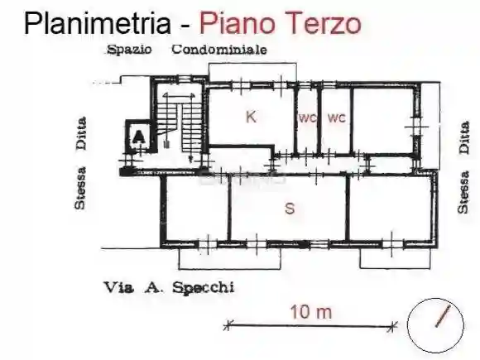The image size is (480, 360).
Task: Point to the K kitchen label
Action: pyautogui.click(x=251, y=118)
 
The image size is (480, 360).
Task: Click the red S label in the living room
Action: pyautogui.click(x=289, y=209)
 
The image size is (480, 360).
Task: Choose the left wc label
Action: pyautogui.click(x=307, y=118)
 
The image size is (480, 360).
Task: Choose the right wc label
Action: pyautogui.click(x=335, y=118)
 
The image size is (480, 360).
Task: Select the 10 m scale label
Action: pyautogui.click(x=310, y=312)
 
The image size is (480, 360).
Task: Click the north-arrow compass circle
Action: pyautogui.click(x=434, y=324)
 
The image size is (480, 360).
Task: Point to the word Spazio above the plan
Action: pyautogui.click(x=129, y=50)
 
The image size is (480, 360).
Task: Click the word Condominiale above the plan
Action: pyautogui.click(x=219, y=50)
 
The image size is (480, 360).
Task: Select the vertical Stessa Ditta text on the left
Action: pyautogui.click(x=81, y=163)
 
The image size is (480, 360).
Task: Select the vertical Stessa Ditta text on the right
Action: pyautogui.click(x=463, y=165)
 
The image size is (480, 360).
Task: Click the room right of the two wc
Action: pyautogui.click(x=382, y=120)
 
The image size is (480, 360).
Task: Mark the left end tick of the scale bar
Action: pyautogui.click(x=228, y=324)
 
